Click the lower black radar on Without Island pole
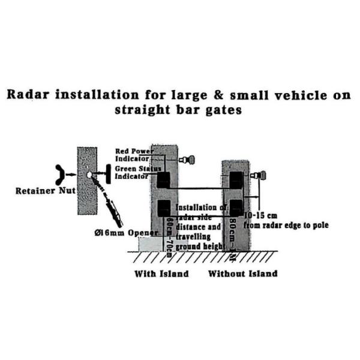236,207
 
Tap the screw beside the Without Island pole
259,176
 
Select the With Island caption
160,274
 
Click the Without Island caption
242,274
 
